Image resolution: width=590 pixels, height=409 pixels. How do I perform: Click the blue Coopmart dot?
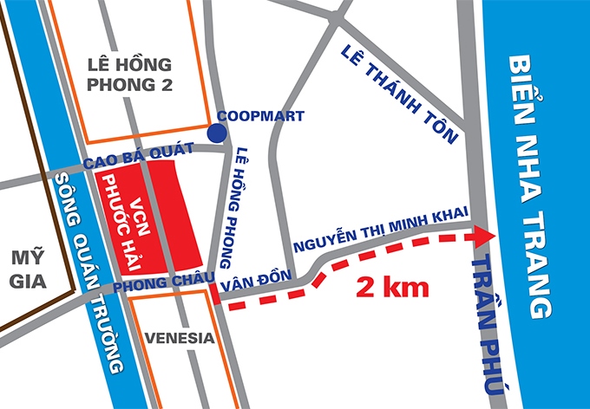tap(217, 133)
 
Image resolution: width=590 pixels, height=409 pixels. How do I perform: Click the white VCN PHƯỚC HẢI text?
tap(126, 212)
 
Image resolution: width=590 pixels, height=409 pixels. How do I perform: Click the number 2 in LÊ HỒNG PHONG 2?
tap(166, 86)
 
